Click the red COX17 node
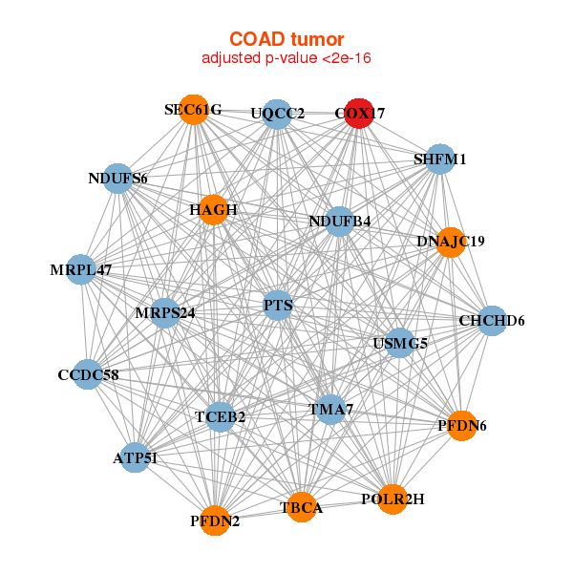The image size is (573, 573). (x=359, y=114)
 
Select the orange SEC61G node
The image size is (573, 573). (x=194, y=110)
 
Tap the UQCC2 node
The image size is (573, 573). (x=277, y=114)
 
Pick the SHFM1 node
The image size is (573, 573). (x=440, y=159)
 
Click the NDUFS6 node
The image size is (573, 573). (x=117, y=179)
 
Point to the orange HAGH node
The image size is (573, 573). (x=213, y=210)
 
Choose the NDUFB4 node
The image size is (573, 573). (x=339, y=222)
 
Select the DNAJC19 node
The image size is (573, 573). (x=451, y=242)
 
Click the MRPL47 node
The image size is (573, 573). (x=81, y=269)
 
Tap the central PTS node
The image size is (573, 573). (x=278, y=306)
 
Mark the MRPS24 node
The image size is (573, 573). (x=165, y=313)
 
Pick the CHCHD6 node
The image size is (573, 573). (x=492, y=321)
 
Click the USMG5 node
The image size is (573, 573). (x=400, y=343)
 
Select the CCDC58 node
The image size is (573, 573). (x=88, y=374)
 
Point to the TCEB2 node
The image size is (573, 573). (x=220, y=417)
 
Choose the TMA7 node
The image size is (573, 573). (x=330, y=410)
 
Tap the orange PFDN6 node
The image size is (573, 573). (x=462, y=426)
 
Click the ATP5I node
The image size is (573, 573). (x=136, y=457)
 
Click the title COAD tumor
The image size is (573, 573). (x=286, y=39)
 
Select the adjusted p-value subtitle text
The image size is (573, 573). (x=286, y=57)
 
